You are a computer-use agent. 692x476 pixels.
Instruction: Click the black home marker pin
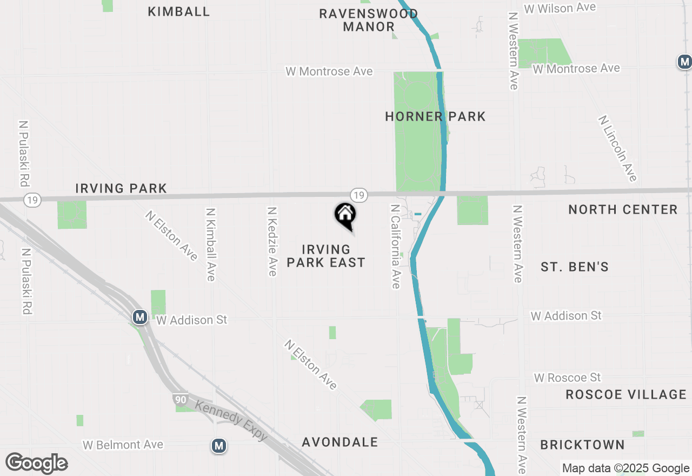345,215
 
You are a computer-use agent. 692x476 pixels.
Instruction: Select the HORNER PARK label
435,116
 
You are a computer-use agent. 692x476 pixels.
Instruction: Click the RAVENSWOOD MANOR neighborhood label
369,20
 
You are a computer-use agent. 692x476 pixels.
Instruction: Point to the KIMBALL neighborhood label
178,11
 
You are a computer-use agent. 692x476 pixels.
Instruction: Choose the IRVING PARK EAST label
326,256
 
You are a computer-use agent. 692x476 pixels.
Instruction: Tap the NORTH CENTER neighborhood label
623,209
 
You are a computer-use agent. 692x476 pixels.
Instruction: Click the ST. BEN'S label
575,267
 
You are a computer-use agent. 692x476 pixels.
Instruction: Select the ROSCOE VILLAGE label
626,394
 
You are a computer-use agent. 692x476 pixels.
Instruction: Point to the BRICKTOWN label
583,445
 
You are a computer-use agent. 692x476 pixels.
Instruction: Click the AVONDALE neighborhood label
340,442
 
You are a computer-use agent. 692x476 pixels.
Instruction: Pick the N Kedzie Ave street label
272,241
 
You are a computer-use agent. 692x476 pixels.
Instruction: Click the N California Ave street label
396,246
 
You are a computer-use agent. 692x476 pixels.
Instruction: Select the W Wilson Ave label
560,8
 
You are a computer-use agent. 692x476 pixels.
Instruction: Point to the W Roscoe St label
568,377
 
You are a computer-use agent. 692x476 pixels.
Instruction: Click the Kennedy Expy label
231,420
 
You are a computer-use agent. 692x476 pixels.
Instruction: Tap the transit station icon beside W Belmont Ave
218,446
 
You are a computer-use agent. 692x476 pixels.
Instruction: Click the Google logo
36,463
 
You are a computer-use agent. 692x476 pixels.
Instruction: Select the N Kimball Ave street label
211,245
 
